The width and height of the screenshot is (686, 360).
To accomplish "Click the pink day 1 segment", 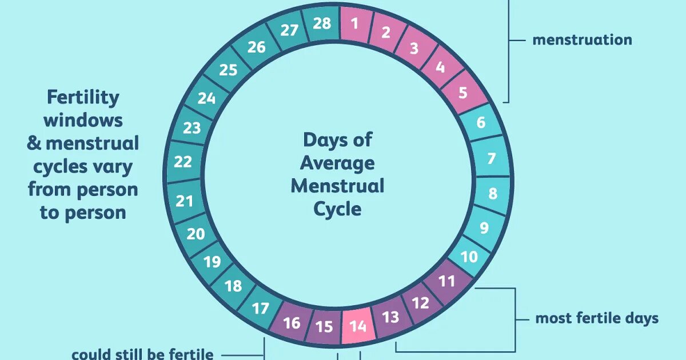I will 355,25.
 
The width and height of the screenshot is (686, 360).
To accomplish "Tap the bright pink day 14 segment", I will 358,326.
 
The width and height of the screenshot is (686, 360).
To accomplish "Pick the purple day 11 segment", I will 447,281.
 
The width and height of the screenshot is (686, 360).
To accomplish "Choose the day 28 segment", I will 322,25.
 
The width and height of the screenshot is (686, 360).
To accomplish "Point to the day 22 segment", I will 183,162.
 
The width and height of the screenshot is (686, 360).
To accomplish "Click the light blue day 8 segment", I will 492,193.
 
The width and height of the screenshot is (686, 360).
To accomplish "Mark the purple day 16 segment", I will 292,323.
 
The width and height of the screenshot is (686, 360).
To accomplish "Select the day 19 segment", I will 212,262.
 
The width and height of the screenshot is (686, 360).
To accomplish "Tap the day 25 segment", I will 228,70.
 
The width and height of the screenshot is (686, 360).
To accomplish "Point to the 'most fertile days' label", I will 597,318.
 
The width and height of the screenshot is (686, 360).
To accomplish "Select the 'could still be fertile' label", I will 142,354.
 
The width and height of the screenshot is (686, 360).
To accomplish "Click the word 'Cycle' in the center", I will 337,209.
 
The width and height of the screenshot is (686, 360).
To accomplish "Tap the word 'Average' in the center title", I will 337,163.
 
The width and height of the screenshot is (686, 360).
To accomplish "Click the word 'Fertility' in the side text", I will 83,97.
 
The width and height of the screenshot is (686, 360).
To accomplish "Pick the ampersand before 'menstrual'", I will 34,143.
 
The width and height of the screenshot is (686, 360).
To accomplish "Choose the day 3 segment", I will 414,48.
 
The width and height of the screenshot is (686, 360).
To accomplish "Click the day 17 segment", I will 260,309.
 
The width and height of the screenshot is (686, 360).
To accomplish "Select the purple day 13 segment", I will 390,317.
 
